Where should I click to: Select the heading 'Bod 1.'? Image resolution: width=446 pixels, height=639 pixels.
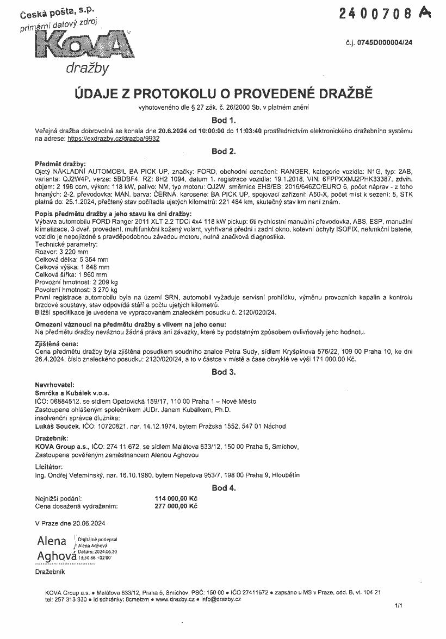point(223,120)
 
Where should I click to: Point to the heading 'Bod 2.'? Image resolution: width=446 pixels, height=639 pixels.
point(223,151)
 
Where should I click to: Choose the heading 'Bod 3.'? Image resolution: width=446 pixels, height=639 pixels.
point(223,372)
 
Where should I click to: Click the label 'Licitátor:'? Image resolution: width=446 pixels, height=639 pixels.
point(48,467)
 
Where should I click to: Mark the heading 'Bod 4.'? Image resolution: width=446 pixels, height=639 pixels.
point(223,487)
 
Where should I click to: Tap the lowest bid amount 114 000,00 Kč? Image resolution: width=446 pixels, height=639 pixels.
point(176,498)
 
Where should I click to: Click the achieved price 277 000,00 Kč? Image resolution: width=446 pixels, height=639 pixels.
point(176,506)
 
